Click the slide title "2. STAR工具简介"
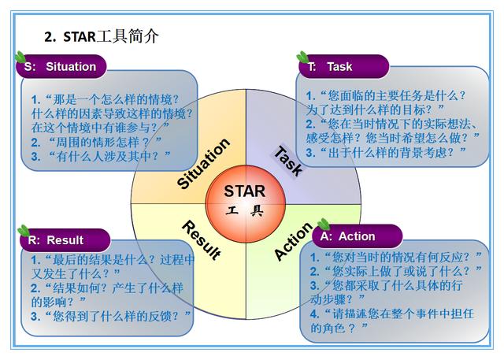coord(102,36)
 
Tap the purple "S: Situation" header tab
coord(63,66)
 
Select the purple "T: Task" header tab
coord(340,67)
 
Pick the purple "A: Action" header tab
coord(357,236)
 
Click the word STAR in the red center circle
coord(244,191)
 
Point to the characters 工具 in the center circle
coord(244,211)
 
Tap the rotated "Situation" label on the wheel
coord(203,164)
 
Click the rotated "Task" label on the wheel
coord(287,159)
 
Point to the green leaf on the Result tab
coord(24,231)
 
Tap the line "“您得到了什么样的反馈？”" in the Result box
coord(110,316)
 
